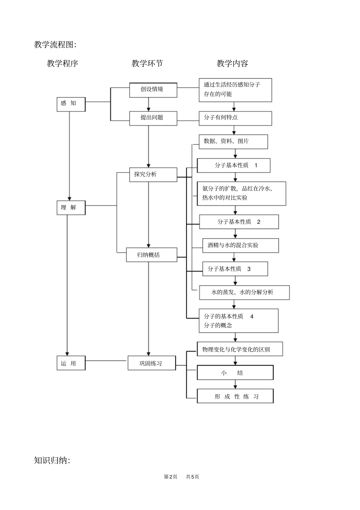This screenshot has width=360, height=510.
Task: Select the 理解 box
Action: pos(71,207)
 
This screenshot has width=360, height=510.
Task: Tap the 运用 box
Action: pos(71,363)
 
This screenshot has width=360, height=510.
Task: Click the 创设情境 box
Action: pos(153,89)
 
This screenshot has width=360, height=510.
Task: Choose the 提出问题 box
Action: pos(153,118)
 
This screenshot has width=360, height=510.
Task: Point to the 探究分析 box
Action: pos(153,174)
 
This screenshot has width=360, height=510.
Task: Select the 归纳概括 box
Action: pos(151,255)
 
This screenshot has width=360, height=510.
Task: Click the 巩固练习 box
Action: pos(151,363)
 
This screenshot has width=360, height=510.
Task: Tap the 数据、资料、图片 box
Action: pos(233,141)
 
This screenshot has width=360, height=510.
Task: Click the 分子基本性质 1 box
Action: pos(233,165)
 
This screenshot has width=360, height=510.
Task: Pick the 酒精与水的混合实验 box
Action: pos(240,245)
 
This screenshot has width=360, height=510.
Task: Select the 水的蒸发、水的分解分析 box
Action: pos(244,292)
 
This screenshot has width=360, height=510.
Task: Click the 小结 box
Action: pos(235,373)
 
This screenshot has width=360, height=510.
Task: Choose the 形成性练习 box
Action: pos(235,396)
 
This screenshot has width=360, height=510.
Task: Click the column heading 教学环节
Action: pos(147,63)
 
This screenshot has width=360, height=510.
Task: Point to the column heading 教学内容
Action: pos(232,63)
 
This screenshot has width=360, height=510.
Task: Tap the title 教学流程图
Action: pos(55,45)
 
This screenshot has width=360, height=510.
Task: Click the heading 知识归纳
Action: pos(52,460)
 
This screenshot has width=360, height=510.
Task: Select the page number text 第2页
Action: pos(171,477)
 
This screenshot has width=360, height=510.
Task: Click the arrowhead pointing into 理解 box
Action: pos(69,198)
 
